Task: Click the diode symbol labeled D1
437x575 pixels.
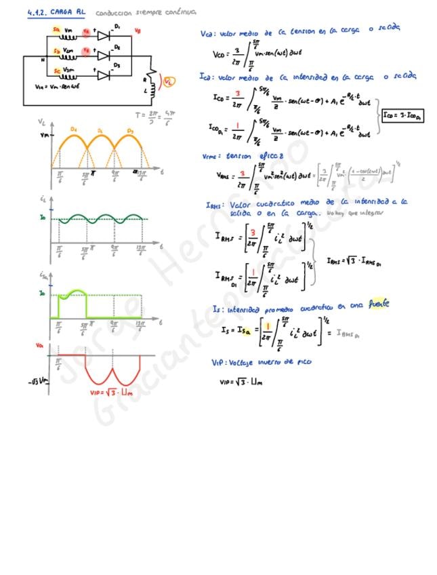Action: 104,36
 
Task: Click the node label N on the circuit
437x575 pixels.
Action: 42,60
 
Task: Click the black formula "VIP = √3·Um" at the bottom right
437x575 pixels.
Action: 241,382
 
